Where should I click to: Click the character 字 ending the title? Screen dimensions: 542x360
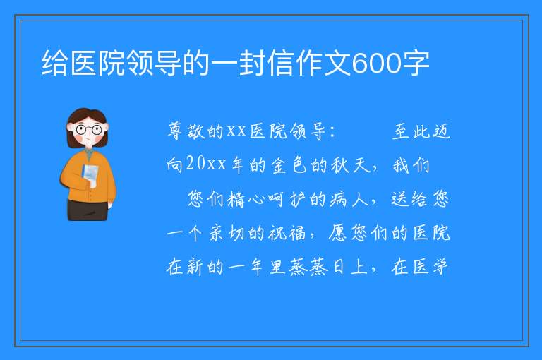point(415,63)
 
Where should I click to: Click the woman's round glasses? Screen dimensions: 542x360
point(88,130)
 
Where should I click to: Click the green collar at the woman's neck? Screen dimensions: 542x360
point(88,152)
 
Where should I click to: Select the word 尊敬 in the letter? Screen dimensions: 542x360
point(186,131)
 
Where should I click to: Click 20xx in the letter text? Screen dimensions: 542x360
point(206,164)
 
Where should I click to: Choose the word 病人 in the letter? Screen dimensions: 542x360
point(349,199)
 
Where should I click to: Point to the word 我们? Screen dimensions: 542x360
point(411,165)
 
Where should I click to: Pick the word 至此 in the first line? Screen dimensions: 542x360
point(411,131)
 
